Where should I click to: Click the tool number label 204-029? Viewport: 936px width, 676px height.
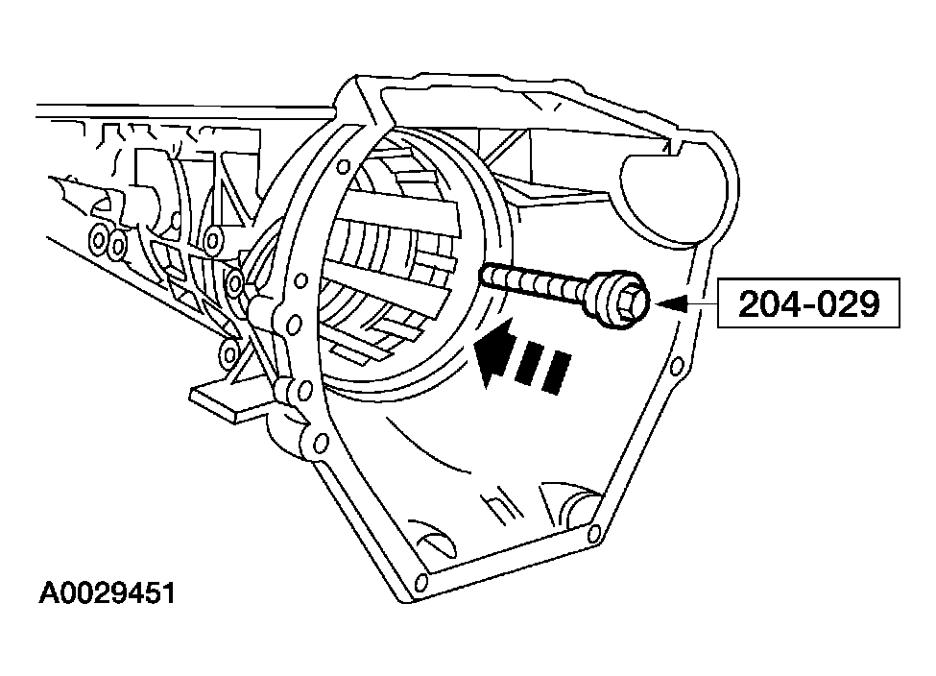tap(809, 304)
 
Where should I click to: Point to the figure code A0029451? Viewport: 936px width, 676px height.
tap(108, 593)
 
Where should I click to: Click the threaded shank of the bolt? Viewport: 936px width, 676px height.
tap(538, 282)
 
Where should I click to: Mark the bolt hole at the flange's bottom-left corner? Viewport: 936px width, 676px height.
tap(420, 581)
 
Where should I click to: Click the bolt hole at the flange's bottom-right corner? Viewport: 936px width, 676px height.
tap(594, 532)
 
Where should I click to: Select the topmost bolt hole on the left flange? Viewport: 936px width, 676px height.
tap(344, 165)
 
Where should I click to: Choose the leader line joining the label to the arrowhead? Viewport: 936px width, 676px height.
tap(702, 304)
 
